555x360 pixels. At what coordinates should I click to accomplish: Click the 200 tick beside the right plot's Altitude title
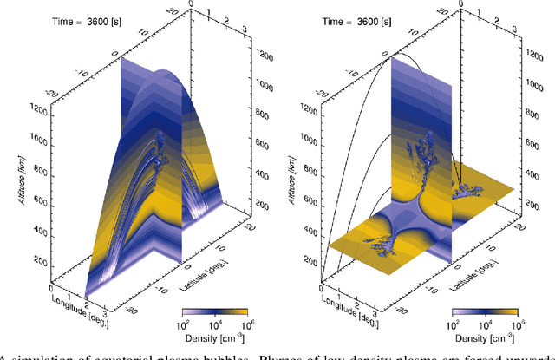coord(311,261)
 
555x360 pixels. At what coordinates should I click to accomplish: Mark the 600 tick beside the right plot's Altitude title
coord(311,200)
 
